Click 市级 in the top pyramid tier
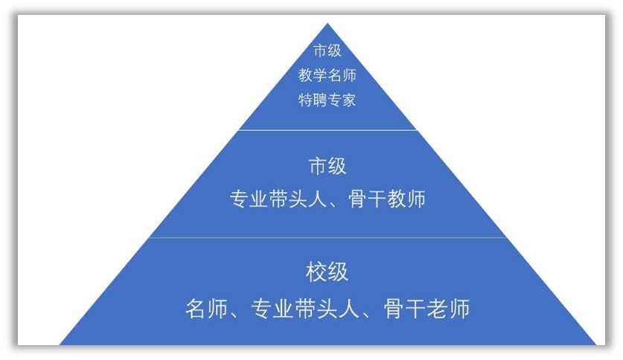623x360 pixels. [x=327, y=51]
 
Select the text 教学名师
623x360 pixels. [x=327, y=75]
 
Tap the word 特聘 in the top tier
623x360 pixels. [x=313, y=100]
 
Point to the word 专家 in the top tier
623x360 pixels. [x=342, y=100]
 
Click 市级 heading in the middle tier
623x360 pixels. [x=328, y=166]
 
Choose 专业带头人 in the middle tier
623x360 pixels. [x=278, y=199]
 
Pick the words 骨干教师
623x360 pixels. [x=386, y=199]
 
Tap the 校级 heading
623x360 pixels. [x=327, y=272]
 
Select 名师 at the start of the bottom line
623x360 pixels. [x=207, y=309]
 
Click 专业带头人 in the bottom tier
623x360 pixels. [x=305, y=309]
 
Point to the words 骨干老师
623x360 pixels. [x=426, y=309]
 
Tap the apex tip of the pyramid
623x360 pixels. [x=328, y=23]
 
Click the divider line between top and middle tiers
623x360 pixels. [x=328, y=129]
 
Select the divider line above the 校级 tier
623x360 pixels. [x=328, y=237]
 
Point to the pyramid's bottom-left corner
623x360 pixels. [x=60, y=344]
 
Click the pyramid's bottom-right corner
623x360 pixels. [x=596, y=344]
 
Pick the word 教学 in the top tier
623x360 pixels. [x=313, y=75]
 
